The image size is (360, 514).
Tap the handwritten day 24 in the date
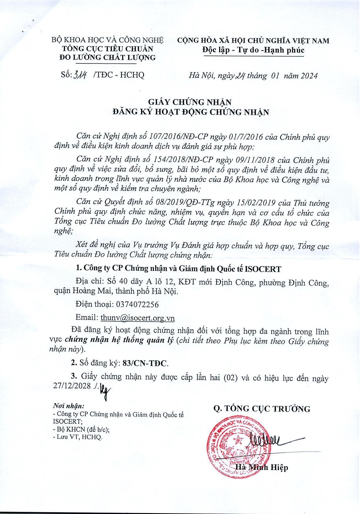pyautogui.click(x=240, y=75)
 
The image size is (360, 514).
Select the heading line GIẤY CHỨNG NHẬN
pyautogui.click(x=190, y=102)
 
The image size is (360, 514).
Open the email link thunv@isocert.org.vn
pyautogui.click(x=138, y=318)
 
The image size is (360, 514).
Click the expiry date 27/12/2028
pyautogui.click(x=72, y=386)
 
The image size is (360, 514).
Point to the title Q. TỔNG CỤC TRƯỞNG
pyautogui.click(x=262, y=409)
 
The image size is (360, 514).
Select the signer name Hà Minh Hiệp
pyautogui.click(x=262, y=467)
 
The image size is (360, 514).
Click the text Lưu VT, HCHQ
pyautogui.click(x=78, y=437)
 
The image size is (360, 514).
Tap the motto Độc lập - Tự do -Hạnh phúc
pyautogui.click(x=253, y=50)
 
